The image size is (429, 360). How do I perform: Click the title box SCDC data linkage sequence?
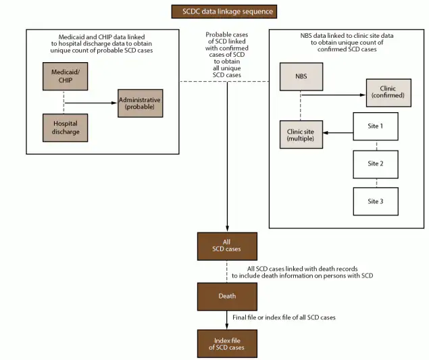[x=223, y=11]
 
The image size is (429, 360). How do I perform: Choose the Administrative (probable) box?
[x=141, y=103]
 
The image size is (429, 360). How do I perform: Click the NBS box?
[x=301, y=76]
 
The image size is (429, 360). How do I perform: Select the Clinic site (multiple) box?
[x=301, y=134]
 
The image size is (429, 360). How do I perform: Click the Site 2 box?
[x=376, y=163]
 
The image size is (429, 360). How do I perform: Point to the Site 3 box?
[x=376, y=201]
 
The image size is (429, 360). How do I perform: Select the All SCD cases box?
[x=227, y=246]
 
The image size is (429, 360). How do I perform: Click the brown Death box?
[x=227, y=295]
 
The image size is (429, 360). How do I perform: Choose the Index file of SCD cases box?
[x=227, y=342]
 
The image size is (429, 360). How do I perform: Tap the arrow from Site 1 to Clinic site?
[x=338, y=134]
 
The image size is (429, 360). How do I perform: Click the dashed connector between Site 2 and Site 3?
[x=376, y=182]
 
